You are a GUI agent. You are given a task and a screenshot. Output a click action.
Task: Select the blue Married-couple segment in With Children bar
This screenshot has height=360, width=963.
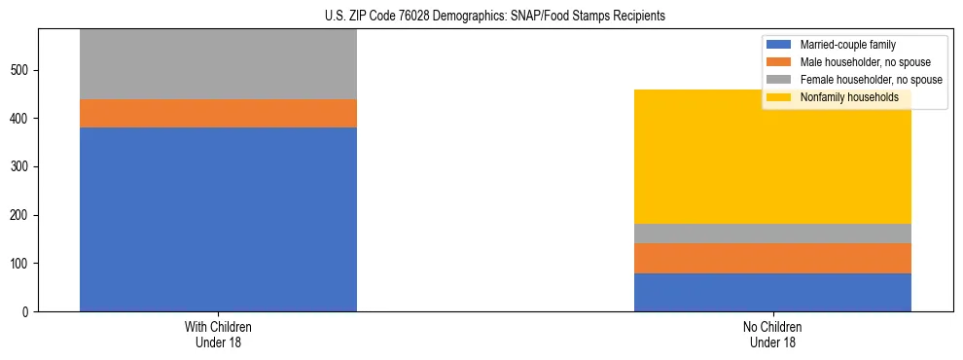click(x=218, y=219)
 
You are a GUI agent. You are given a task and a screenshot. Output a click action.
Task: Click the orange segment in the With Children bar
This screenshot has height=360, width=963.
click(x=218, y=113)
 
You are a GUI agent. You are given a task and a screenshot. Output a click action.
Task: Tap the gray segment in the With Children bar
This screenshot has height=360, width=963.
click(x=218, y=64)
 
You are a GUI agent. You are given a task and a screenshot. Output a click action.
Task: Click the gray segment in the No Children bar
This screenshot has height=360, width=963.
click(x=772, y=234)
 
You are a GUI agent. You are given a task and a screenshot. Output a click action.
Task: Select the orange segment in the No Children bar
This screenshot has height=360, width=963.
click(x=772, y=258)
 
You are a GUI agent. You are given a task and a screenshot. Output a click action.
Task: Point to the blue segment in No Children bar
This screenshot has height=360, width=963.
click(x=772, y=292)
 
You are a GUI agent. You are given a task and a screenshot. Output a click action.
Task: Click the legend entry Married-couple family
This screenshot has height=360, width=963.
click(x=845, y=45)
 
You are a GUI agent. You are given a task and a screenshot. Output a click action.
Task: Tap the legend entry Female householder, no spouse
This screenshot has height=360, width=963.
click(x=862, y=80)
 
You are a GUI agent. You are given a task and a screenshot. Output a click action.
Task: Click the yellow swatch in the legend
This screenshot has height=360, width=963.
click(x=780, y=97)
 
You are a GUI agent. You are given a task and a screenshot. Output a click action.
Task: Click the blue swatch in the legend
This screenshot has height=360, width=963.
click(x=780, y=45)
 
